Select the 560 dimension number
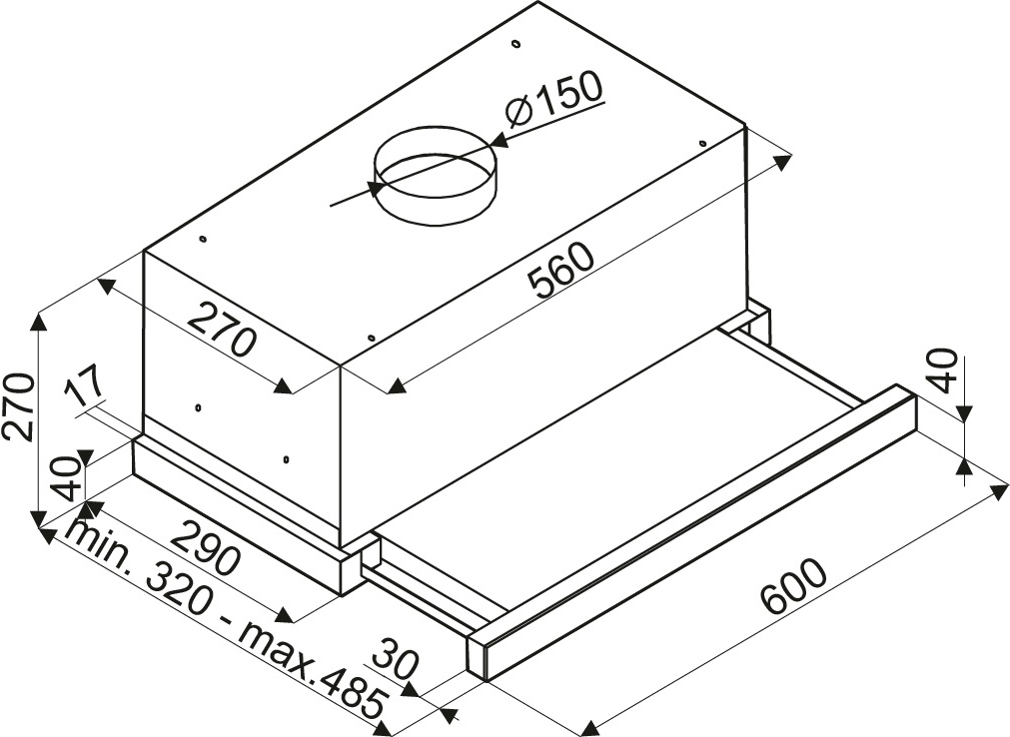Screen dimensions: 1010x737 click(x=559, y=271)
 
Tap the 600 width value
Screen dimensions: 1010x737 click(x=792, y=586)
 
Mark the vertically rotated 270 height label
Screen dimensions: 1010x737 click(x=17, y=405)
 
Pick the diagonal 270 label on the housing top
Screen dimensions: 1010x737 click(x=223, y=329)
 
